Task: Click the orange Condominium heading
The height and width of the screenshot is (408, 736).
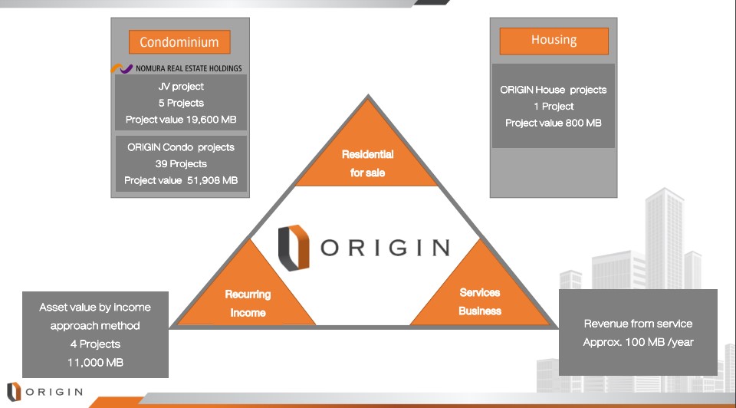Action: coord(179,42)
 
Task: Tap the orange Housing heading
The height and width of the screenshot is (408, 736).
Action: coord(554,41)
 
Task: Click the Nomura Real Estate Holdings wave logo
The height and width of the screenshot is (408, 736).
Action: coord(122,68)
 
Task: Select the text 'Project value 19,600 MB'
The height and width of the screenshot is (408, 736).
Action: coord(181,120)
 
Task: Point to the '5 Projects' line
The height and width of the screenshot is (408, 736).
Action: coord(181,103)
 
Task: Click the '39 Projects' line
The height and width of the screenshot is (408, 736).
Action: coord(181,164)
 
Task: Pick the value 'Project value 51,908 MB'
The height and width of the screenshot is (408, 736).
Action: coord(181,180)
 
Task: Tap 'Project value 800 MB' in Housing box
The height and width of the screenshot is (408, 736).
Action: coord(554,123)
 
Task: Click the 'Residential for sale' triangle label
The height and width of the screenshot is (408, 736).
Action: coord(367,163)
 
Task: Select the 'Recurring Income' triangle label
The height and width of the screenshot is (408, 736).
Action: coord(248,303)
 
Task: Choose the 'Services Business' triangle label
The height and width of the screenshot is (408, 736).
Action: coord(480,301)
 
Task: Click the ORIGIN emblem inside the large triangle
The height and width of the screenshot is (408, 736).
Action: coord(294,248)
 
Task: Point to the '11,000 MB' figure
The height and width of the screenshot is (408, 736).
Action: coord(95,363)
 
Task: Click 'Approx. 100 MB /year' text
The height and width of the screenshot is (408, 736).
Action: coord(638,342)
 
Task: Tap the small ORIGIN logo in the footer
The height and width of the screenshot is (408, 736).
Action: coord(45,392)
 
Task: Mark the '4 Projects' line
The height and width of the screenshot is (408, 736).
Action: coord(95,344)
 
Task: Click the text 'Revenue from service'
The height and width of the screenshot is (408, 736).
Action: coord(638,324)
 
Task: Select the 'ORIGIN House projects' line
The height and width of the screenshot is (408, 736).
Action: coord(554,90)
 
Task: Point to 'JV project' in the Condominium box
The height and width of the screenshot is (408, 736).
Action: coord(181,87)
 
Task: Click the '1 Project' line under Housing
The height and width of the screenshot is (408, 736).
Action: coord(554,107)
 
